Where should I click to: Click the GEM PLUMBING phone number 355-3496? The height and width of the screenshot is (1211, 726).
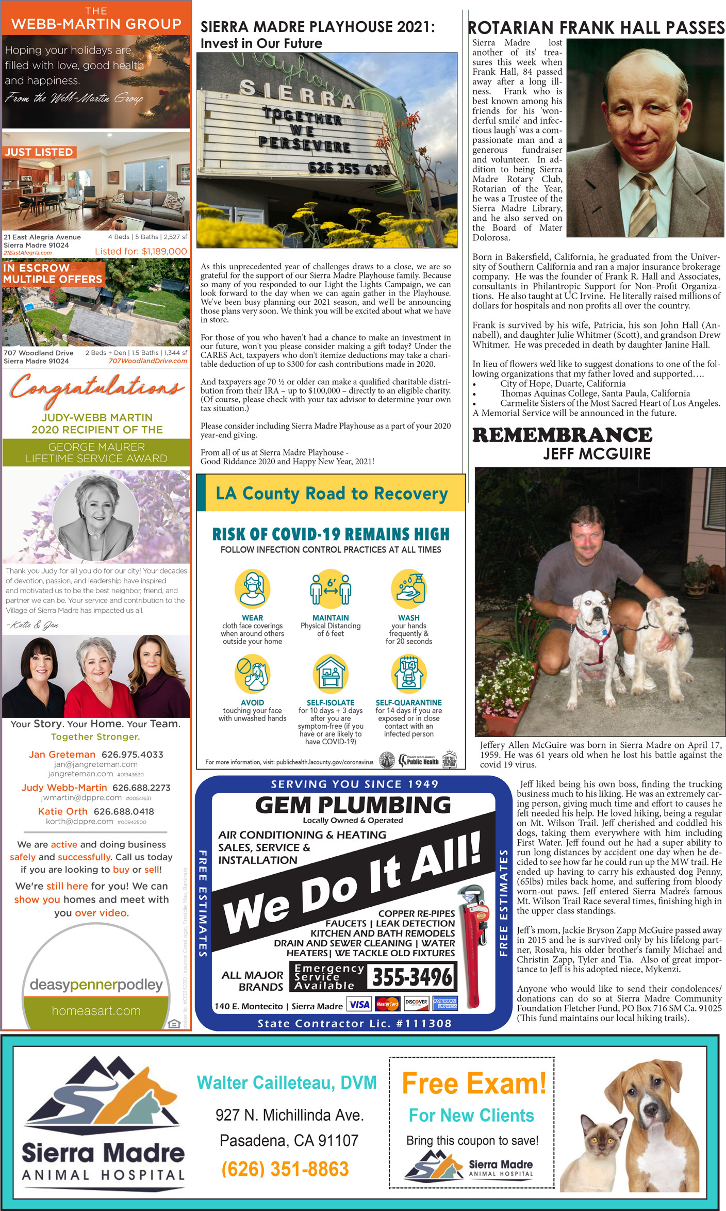click(411, 977)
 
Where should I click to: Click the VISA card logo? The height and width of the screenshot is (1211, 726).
click(359, 1004)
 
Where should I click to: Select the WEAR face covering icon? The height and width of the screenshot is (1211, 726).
click(252, 589)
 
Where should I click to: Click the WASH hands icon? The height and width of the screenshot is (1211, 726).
click(408, 589)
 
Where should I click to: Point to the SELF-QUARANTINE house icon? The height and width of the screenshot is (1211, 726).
click(408, 674)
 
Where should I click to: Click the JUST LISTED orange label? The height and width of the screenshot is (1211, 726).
click(39, 152)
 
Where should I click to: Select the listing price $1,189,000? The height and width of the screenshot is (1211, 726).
click(141, 252)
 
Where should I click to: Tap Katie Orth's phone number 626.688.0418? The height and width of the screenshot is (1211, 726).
click(124, 811)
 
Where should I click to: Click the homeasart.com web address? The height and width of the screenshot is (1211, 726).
click(96, 1010)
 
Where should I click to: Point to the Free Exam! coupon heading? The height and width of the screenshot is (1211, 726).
click(473, 1084)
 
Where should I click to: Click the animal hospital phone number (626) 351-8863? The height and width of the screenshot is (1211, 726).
click(285, 1169)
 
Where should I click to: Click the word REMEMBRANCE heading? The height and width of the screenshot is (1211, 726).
click(562, 435)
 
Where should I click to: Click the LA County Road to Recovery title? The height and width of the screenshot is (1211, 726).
click(332, 494)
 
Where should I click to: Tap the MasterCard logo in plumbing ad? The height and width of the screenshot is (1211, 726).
click(387, 1004)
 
